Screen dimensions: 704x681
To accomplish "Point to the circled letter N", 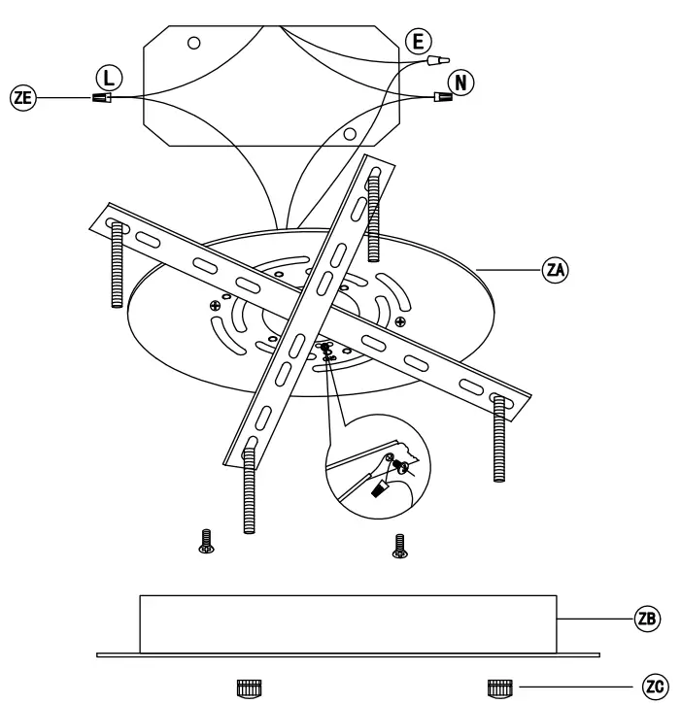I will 463,82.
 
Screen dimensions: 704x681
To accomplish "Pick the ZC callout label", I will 657,686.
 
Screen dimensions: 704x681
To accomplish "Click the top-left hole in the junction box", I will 194,43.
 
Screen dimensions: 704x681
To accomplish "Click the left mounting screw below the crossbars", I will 206,542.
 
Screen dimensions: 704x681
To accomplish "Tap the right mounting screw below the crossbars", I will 398,545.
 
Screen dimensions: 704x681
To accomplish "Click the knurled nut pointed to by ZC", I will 497,687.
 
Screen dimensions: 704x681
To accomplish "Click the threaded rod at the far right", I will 499,437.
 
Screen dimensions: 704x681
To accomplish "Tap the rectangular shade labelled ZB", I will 348,623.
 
